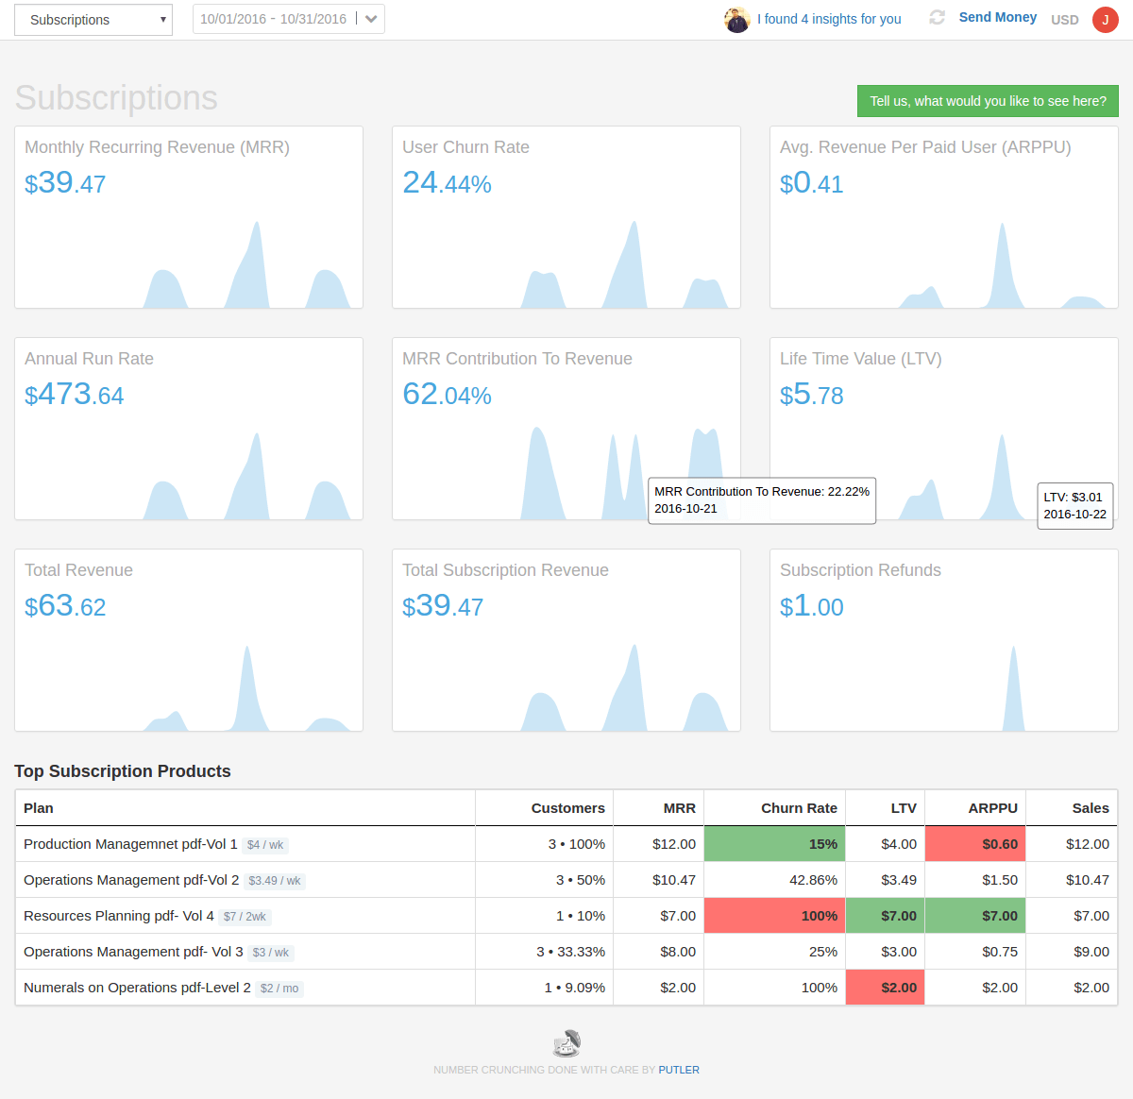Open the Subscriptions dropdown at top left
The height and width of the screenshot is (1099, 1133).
click(93, 20)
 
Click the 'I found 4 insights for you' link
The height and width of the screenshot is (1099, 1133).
click(828, 19)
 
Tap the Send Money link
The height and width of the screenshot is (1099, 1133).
click(997, 17)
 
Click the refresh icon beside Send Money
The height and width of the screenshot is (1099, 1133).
click(937, 17)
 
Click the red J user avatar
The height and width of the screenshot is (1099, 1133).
click(1105, 20)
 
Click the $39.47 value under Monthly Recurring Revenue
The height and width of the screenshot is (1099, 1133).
click(65, 183)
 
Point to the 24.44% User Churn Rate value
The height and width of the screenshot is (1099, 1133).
click(447, 183)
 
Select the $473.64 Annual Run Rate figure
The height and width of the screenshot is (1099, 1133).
click(74, 395)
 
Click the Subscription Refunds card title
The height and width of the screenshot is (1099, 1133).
click(860, 570)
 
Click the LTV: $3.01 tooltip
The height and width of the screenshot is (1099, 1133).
click(1074, 505)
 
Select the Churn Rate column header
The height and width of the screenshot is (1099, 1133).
click(799, 808)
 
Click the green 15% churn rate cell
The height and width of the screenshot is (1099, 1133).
click(774, 844)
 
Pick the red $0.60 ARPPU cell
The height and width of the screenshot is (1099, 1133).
click(975, 844)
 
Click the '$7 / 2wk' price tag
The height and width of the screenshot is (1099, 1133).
click(245, 917)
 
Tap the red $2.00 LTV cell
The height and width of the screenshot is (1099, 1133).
click(886, 988)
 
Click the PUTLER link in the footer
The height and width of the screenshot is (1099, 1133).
click(679, 1070)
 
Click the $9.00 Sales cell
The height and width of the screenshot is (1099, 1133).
click(1091, 952)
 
